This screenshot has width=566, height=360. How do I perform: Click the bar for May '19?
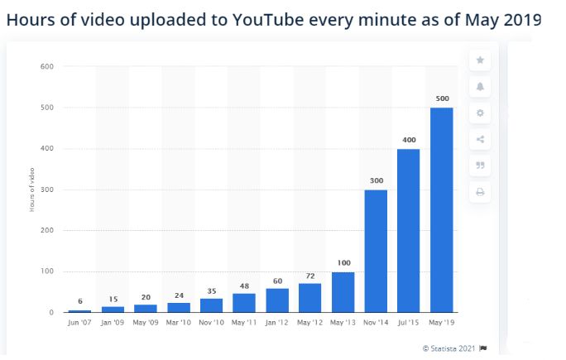[443, 210]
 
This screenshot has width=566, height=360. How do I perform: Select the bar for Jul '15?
[409, 231]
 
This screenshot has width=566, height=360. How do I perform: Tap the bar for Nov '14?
[377, 252]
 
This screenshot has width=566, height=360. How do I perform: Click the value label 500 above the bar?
[443, 98]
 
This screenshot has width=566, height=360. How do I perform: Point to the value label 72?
[310, 275]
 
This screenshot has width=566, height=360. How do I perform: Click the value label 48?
[244, 285]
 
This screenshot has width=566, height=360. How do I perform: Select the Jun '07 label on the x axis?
[80, 322]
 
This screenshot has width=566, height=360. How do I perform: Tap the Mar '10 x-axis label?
[179, 322]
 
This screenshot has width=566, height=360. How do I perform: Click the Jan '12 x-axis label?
[277, 322]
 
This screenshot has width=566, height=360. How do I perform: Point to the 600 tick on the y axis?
[46, 66]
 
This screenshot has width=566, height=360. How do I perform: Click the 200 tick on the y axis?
[46, 231]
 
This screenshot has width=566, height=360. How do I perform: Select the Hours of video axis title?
[31, 190]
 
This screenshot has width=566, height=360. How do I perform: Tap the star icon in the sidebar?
[480, 60]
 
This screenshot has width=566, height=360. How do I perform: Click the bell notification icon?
[480, 86]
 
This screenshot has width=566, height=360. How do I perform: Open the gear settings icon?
[480, 113]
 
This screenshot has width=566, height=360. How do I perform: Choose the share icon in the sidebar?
[480, 139]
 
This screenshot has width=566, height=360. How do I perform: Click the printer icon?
[480, 192]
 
